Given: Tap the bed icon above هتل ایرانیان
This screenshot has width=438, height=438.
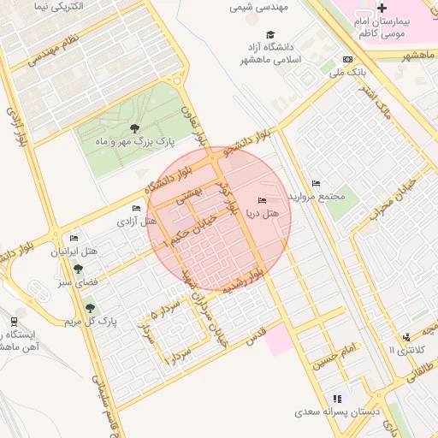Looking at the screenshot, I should (x=74, y=238).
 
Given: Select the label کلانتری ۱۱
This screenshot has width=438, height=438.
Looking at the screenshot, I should (x=405, y=349).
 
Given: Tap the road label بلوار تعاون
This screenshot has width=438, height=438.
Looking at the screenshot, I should (x=196, y=122).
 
